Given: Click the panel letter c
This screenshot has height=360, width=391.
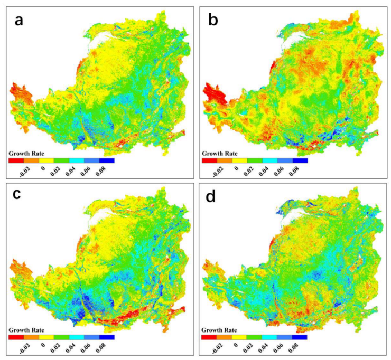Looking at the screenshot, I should pos(19,193).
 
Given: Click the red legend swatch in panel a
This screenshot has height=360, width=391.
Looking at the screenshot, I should pos(16,159).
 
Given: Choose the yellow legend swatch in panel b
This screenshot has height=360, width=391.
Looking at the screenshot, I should pos(239,159).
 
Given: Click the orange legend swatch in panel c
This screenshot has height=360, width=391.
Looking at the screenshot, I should pos(31,336).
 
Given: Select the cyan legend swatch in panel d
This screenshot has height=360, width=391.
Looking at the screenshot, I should pos(269,336).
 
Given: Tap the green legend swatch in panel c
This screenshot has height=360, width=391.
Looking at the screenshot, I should pos(61,336).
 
